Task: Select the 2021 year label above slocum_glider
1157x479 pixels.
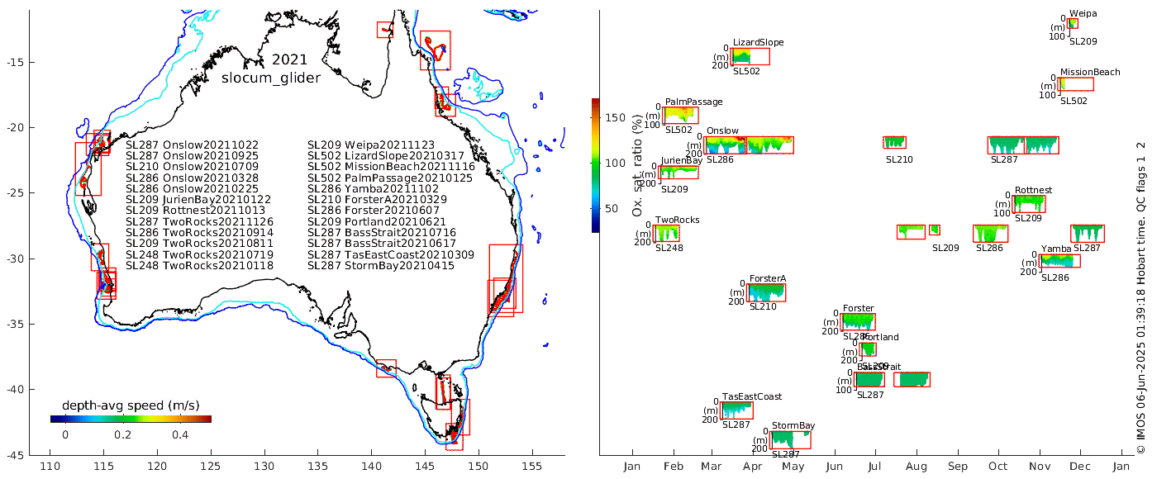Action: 289,60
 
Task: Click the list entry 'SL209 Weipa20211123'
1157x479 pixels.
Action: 370,145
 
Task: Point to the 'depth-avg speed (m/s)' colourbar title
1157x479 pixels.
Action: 131,405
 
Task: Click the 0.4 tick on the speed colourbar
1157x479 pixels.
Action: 180,435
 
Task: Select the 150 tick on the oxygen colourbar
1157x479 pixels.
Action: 615,118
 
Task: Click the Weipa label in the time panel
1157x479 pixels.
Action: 1083,13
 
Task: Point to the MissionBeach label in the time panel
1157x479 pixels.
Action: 1090,72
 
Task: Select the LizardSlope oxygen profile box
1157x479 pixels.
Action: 750,56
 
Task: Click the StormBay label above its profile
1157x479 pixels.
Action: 793,426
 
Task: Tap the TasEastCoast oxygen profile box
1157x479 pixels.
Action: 737,410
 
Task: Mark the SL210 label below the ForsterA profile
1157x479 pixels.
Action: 763,307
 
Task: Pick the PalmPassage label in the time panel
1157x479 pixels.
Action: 693,102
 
